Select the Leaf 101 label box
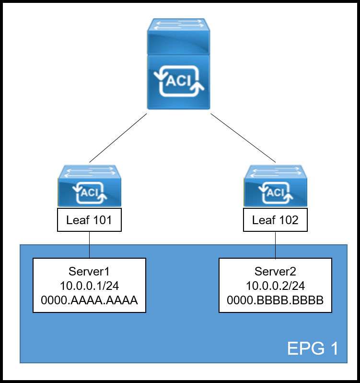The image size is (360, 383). coord(89,220)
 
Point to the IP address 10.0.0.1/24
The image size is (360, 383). coord(89,286)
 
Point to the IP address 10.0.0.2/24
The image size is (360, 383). coord(275,286)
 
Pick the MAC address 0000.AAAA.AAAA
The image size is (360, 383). coord(89,300)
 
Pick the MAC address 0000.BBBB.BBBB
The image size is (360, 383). coord(275,300)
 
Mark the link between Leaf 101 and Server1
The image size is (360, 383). coord(90,245)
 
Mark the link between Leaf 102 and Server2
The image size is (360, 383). coord(276,245)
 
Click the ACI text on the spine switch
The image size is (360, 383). coord(178,82)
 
